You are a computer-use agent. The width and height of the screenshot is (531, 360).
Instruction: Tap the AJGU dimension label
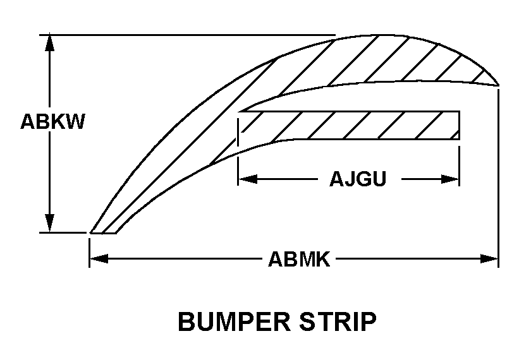[x=357, y=179]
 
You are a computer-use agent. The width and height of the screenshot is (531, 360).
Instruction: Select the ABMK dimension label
[x=299, y=259]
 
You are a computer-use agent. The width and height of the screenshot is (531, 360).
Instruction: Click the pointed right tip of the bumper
[x=498, y=84]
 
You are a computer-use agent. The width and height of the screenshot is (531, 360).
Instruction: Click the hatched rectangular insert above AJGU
[x=348, y=125]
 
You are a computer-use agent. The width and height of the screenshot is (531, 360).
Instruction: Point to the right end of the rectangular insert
[x=458, y=125]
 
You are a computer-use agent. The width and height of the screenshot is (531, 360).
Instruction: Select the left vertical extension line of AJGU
[x=238, y=164]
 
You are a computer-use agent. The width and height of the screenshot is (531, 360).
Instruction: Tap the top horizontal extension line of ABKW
[x=190, y=34]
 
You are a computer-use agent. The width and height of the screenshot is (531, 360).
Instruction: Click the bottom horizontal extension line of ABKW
[x=63, y=232]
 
